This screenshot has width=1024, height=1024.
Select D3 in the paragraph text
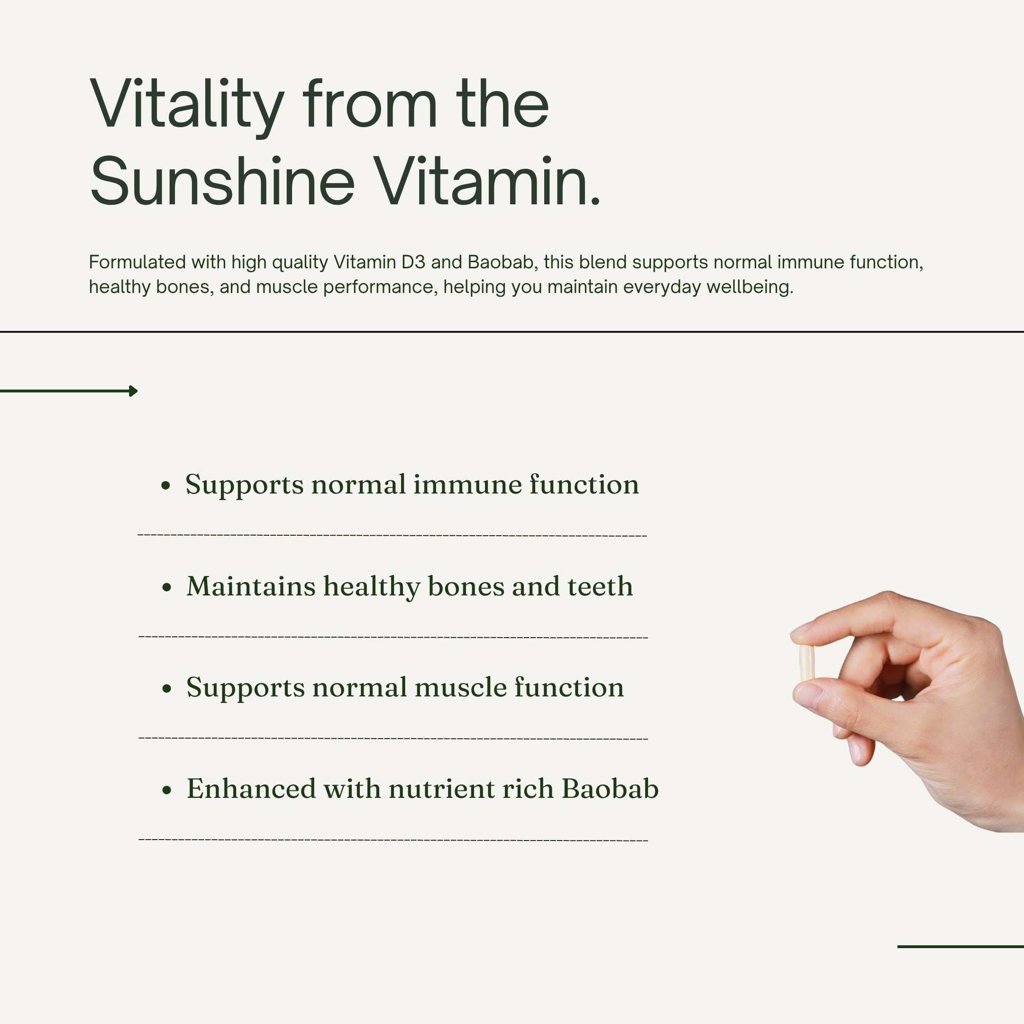(413, 262)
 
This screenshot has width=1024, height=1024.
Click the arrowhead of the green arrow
(134, 391)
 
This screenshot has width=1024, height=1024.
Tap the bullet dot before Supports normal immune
(166, 485)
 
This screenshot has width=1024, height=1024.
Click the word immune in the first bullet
(467, 485)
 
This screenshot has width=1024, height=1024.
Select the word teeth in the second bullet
(600, 586)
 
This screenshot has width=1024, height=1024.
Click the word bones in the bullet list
(466, 586)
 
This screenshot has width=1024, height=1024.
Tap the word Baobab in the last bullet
(610, 789)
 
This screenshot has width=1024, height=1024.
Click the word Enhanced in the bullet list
(251, 789)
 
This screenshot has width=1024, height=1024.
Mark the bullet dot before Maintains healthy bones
(167, 587)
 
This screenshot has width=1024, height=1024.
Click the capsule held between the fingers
(806, 663)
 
